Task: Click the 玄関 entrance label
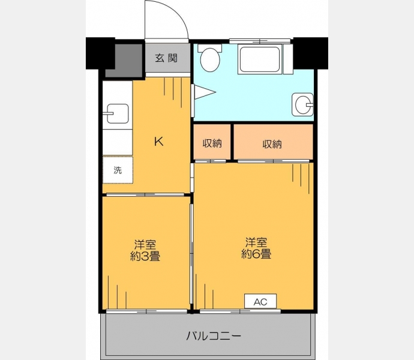(x=166, y=58)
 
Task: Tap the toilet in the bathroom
(x=210, y=58)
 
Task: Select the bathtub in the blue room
(x=259, y=59)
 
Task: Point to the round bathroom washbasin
(x=302, y=104)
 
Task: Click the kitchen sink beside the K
(x=118, y=114)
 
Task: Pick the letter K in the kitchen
(x=158, y=142)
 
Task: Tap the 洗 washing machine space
(x=118, y=170)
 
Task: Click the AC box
(x=260, y=301)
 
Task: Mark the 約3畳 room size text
(x=145, y=256)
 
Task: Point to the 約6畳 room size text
(x=256, y=254)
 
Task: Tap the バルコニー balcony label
(x=214, y=336)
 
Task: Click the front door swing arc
(x=179, y=13)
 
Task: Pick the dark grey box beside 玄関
(x=124, y=61)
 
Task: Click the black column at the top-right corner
(x=311, y=53)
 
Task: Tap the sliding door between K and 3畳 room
(x=145, y=194)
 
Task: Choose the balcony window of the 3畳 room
(x=146, y=311)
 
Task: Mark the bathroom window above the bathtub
(x=260, y=41)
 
